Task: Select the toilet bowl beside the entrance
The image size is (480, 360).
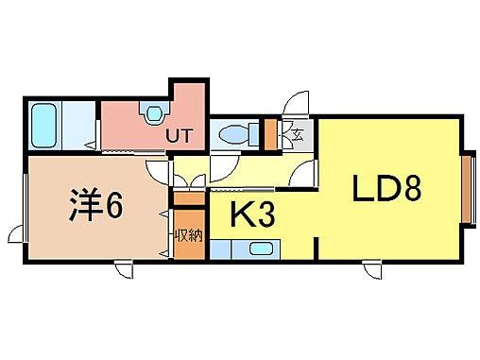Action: pyautogui.click(x=232, y=135)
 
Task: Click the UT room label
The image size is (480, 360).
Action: pyautogui.click(x=180, y=136)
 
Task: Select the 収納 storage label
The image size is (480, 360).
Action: pyautogui.click(x=188, y=235)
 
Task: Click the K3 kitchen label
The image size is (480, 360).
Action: pyautogui.click(x=253, y=216)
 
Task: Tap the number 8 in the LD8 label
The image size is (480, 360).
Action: pyautogui.click(x=410, y=190)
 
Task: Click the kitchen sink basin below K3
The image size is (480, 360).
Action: pyautogui.click(x=260, y=249)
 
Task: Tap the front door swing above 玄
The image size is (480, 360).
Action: pyautogui.click(x=296, y=103)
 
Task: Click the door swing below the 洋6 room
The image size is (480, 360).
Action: pyautogui.click(x=125, y=271)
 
